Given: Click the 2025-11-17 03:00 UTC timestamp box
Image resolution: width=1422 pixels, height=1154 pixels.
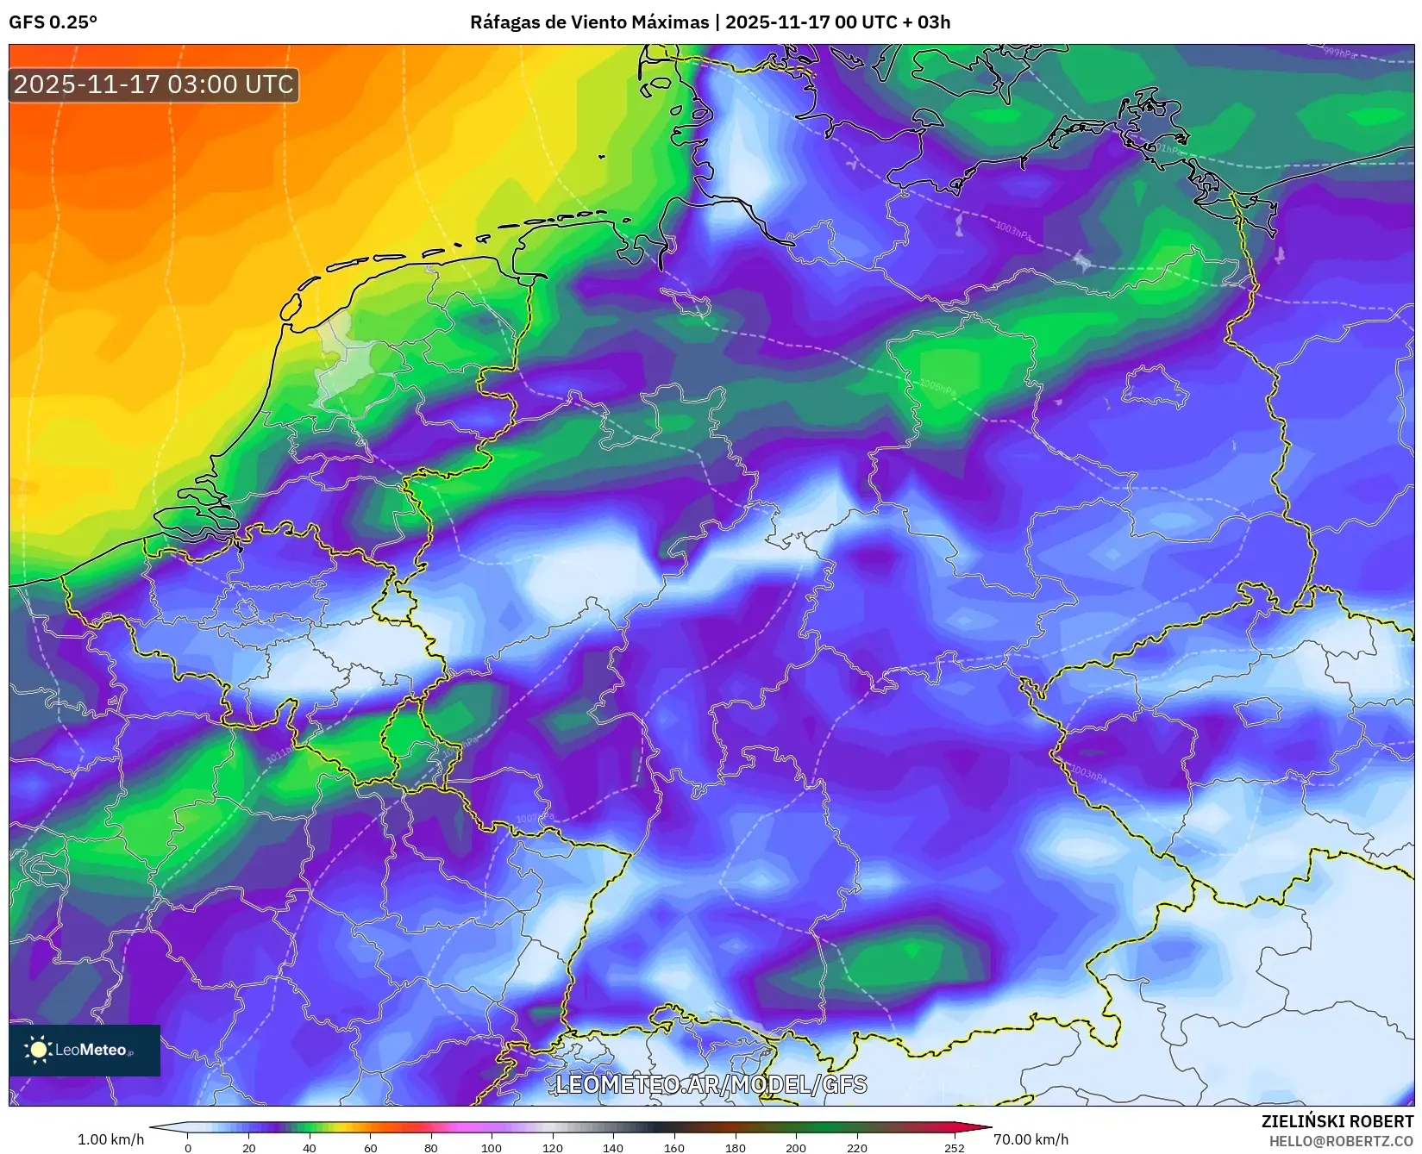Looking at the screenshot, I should click(x=153, y=84).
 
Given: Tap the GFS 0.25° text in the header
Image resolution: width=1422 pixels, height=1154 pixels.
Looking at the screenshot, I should click(x=53, y=22).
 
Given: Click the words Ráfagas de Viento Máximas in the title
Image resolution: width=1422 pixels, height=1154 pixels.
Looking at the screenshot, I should click(x=589, y=22).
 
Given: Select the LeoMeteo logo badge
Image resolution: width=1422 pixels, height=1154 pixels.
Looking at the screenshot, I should click(x=85, y=1050).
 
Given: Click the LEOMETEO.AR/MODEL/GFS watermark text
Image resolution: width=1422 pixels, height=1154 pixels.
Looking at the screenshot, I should click(x=711, y=1084).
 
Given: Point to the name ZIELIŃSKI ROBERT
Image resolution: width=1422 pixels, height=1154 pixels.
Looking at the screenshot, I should click(x=1337, y=1121).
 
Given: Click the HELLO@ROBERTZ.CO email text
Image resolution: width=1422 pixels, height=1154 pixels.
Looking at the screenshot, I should click(x=1340, y=1141).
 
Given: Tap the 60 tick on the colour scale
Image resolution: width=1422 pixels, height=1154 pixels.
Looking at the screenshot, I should click(x=370, y=1147).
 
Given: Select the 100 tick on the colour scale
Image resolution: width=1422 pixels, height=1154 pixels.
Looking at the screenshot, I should click(x=492, y=1147).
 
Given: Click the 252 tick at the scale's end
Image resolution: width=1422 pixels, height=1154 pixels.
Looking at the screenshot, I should click(x=954, y=1147).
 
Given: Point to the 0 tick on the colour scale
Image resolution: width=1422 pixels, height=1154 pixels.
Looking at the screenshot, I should click(x=188, y=1147).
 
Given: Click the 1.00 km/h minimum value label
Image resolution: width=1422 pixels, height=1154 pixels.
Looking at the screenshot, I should click(x=110, y=1139).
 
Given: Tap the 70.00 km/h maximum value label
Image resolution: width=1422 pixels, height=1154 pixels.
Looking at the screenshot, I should click(x=1030, y=1139).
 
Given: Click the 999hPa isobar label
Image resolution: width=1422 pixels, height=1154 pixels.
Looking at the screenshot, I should click(x=1339, y=53).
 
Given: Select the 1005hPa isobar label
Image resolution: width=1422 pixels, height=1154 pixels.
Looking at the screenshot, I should click(x=937, y=387).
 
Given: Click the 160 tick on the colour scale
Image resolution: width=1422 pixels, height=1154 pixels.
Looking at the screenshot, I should click(x=674, y=1147).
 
